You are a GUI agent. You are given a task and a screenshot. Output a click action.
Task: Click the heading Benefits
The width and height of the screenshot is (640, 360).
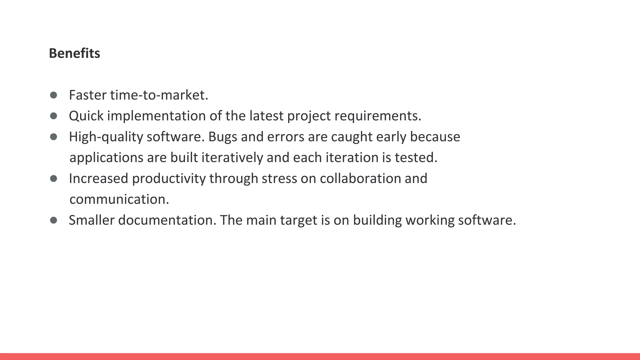coord(74,53)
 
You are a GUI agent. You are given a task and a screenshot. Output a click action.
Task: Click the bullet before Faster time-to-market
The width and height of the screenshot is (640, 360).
coord(53,95)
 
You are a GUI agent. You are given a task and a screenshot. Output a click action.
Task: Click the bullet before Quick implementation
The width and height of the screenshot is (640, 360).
coord(53,116)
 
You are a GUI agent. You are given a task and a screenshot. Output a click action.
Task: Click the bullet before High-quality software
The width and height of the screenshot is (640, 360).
coord(53,137)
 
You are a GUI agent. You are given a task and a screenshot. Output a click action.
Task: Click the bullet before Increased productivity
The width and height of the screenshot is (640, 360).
coord(53,178)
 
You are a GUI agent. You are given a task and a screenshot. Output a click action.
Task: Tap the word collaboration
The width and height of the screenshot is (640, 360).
coord(360,178)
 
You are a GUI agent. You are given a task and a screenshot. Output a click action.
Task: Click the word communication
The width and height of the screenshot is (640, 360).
coord(119,199)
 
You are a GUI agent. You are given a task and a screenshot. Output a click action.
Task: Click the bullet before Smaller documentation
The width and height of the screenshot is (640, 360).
coord(53,220)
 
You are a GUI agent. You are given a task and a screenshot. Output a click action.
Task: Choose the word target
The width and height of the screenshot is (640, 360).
coord(298,220)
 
